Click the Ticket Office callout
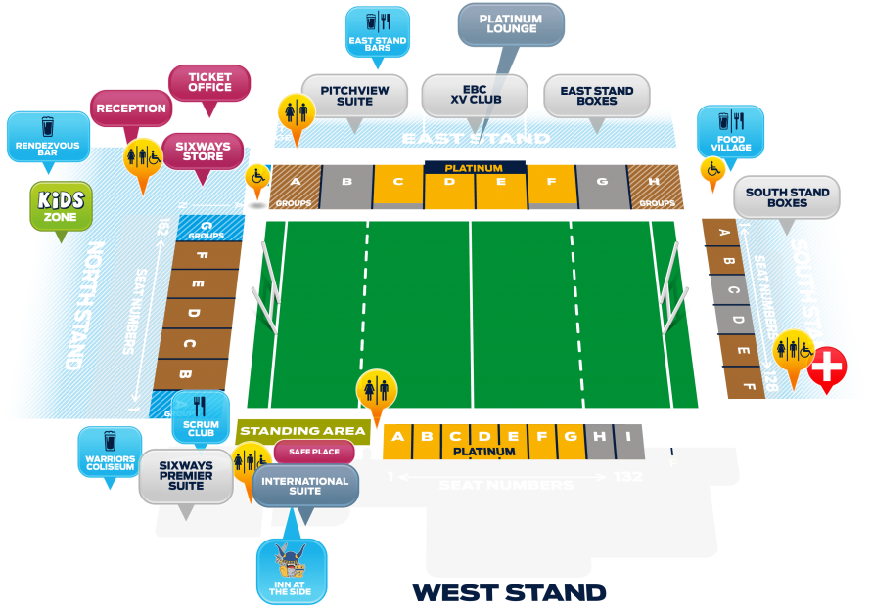tap(209, 82)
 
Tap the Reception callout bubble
tap(131, 108)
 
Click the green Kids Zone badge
tap(61, 205)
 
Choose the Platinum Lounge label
tap(511, 24)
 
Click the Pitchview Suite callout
tap(354, 96)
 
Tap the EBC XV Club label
tap(475, 96)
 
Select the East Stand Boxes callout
tap(596, 96)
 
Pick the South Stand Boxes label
tap(787, 197)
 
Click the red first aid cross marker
tap(828, 368)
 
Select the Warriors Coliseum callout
tap(110, 453)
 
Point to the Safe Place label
tap(313, 452)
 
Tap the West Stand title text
tap(509, 592)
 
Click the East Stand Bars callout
tap(377, 31)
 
